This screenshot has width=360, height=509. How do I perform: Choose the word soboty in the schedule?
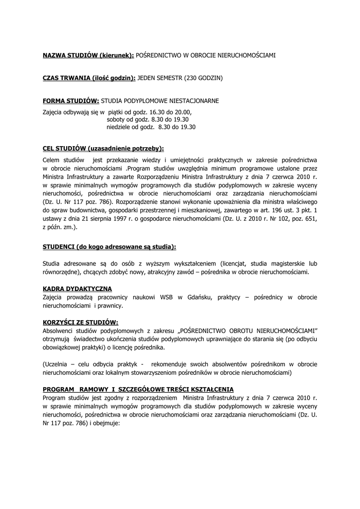point(117,120)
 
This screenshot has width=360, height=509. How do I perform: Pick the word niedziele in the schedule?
point(119,127)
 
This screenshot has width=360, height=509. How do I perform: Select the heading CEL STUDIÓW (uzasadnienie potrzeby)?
point(103,148)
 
